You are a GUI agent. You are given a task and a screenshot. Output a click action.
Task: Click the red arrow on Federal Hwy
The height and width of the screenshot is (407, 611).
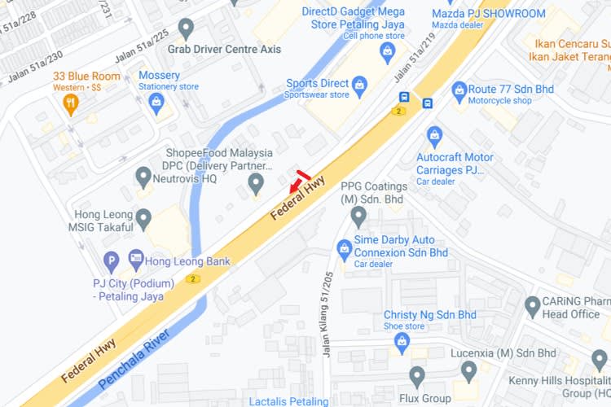click(x=297, y=185)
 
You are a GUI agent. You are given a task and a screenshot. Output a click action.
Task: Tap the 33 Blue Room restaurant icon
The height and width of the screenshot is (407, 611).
click(x=71, y=103)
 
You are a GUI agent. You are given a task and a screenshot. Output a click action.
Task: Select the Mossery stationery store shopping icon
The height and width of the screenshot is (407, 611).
click(x=156, y=101)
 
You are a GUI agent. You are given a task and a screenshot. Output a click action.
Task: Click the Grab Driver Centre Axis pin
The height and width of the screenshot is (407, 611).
click(x=186, y=29)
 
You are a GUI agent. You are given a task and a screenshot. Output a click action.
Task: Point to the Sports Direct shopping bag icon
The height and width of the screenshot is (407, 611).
click(x=359, y=84)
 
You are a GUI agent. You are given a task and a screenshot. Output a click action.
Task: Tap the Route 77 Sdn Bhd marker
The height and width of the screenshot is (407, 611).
click(x=459, y=88)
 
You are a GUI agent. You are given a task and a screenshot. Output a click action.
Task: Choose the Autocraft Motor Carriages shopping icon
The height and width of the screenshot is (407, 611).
click(x=434, y=134)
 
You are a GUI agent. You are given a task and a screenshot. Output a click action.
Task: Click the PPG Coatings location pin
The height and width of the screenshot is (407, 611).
click(x=358, y=217)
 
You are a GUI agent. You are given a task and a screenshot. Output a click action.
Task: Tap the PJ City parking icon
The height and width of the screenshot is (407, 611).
click(x=112, y=262)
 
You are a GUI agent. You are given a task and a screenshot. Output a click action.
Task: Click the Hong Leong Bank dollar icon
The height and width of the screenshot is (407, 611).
click(x=135, y=261)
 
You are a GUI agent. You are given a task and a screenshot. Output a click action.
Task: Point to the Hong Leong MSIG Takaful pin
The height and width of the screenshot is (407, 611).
click(x=144, y=218)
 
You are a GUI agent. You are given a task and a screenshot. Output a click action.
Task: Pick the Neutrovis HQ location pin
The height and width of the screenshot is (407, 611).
click(x=144, y=175)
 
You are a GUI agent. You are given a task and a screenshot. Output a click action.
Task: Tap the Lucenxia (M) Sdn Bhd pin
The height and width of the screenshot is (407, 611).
click(x=468, y=370)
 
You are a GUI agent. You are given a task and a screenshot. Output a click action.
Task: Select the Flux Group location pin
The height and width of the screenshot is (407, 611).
click(x=417, y=377)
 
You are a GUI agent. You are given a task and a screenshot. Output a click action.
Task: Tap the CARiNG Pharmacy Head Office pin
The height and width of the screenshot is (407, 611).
click(x=533, y=307)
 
